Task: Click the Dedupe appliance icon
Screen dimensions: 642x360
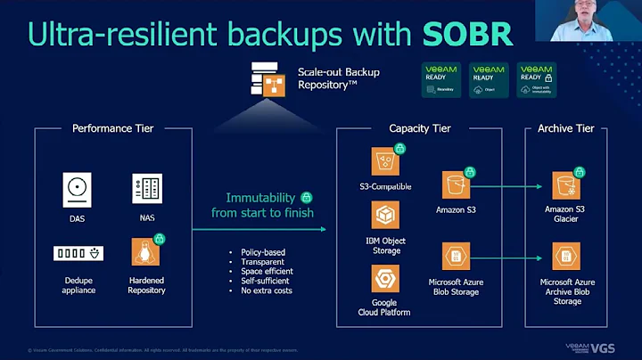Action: [78, 253]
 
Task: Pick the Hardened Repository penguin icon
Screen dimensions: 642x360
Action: [146, 252]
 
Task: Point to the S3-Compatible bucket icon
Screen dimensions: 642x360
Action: [385, 161]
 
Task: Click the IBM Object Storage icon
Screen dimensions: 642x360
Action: [385, 217]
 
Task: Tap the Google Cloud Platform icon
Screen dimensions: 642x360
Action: [385, 274]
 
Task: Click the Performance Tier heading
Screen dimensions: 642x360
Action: [112, 128]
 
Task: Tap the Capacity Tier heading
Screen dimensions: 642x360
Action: [421, 128]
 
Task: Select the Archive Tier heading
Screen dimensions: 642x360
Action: [565, 128]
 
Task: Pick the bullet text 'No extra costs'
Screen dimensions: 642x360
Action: [267, 290]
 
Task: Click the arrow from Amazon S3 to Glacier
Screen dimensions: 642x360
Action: [508, 186]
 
